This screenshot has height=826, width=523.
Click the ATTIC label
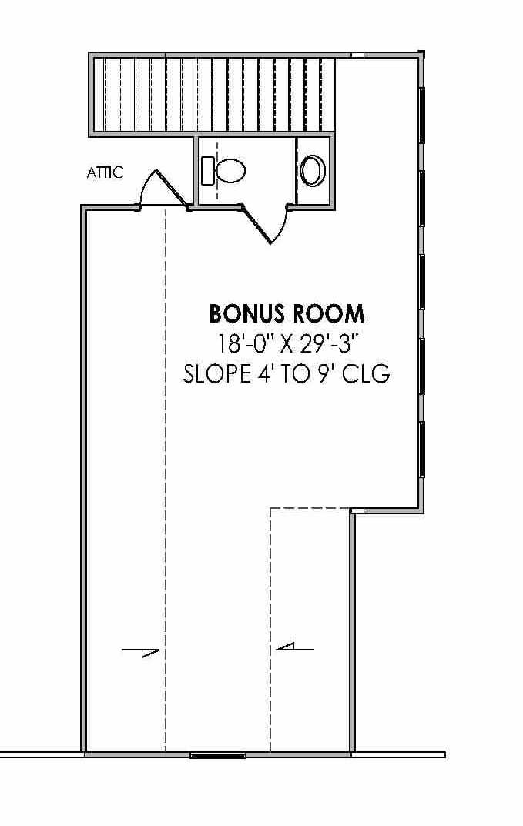pos(106,172)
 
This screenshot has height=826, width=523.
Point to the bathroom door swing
pos(269,224)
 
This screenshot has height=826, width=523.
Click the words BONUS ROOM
pos(287,314)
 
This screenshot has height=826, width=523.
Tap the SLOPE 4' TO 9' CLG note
pos(287,374)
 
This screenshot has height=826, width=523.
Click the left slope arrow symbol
pos(141,652)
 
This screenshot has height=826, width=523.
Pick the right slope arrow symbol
pos(295,647)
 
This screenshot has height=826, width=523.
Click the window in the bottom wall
pos(218,755)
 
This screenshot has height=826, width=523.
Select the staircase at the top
pos(215,95)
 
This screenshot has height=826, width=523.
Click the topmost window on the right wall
pos(422,115)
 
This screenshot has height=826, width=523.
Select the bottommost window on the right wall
pos(422,450)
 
